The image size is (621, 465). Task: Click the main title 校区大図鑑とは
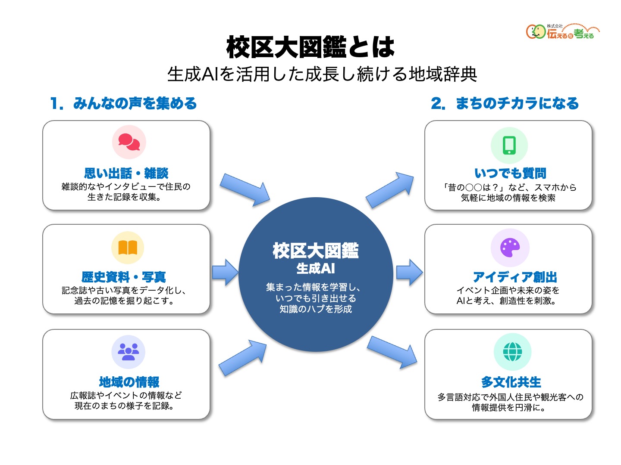(x=310, y=47)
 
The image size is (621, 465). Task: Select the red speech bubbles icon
(x=129, y=142)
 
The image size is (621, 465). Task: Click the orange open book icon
(x=128, y=248)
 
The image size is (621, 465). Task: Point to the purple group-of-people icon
(x=128, y=352)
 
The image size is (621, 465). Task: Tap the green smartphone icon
(x=509, y=146)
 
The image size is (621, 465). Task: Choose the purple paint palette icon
(x=510, y=248)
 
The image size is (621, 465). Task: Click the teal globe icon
(x=512, y=352)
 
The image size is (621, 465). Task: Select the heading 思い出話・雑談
(x=126, y=173)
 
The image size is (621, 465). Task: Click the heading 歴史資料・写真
(x=124, y=277)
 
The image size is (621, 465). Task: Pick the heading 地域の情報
(x=129, y=382)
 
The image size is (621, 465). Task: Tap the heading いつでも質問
(x=510, y=173)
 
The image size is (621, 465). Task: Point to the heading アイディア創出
(x=515, y=277)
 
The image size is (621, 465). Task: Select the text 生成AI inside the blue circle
(x=315, y=268)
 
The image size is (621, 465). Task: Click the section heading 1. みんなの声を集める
(x=123, y=103)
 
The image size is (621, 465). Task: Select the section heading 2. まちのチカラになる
(x=505, y=103)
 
